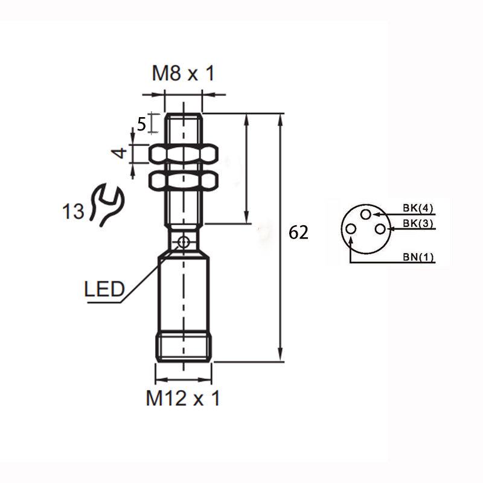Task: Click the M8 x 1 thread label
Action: click(184, 74)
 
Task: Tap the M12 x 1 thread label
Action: click(183, 398)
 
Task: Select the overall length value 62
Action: click(298, 232)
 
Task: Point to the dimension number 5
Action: click(141, 124)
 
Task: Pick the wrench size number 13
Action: click(73, 211)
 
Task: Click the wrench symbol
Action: click(107, 205)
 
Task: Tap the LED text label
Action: click(104, 289)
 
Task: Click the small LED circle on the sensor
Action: click(184, 242)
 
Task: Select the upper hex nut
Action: click(184, 154)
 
